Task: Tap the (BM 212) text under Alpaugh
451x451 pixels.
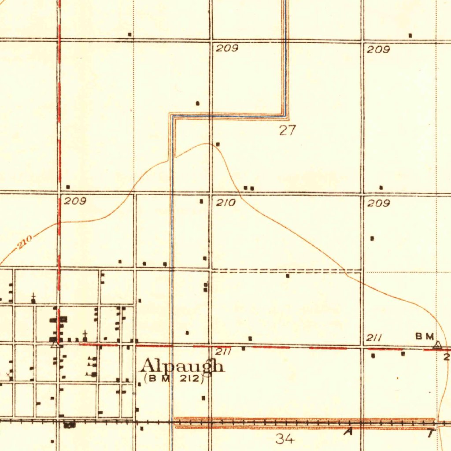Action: point(174,378)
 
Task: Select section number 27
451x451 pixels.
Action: point(288,130)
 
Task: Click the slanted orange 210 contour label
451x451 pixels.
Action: point(26,241)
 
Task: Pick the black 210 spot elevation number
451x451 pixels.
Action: point(226,203)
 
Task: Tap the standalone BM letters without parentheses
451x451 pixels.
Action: point(425,337)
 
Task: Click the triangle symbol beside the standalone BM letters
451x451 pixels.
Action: point(437,345)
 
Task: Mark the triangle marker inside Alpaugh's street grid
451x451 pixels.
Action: point(55,344)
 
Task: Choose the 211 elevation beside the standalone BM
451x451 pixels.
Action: point(374,338)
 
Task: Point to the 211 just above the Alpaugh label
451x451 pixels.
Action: point(223,352)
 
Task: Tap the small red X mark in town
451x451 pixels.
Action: point(9,375)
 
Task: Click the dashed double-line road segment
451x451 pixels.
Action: point(286,270)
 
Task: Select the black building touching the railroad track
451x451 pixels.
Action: point(70,425)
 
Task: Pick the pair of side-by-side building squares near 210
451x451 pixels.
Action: point(249,188)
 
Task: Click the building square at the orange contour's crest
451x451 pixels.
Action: point(218,144)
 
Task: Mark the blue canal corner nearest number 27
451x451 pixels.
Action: point(284,115)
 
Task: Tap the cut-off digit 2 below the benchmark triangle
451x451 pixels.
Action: point(447,357)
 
